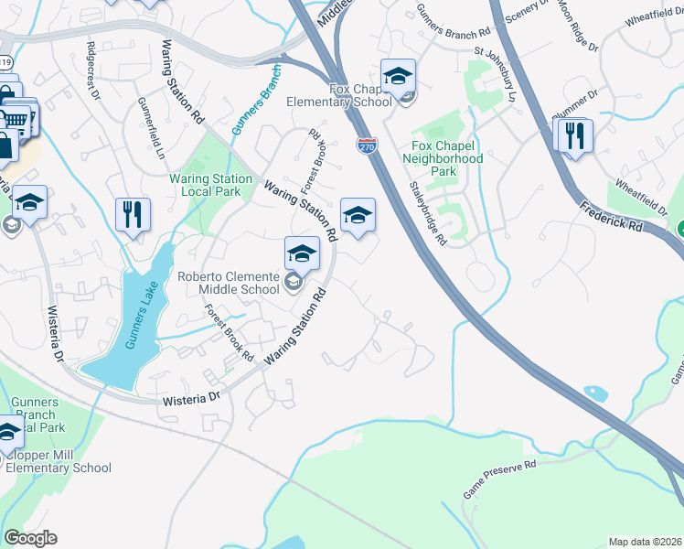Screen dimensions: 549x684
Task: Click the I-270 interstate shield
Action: point(367,144)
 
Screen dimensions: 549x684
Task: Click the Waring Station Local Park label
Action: point(211,185)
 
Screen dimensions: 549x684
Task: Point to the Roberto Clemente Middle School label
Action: point(228,283)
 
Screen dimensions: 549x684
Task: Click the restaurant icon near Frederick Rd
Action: point(573,136)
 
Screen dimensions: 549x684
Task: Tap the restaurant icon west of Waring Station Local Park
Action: point(134,216)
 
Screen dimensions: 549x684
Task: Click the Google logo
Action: point(30,538)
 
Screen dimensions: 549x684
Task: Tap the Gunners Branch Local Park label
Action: point(39,414)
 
